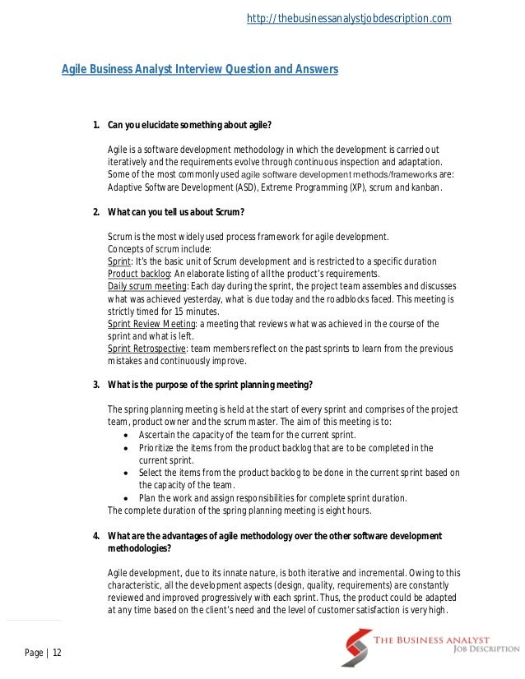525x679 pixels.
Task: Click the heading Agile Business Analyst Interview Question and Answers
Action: [x=200, y=70]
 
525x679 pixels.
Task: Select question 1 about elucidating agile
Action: [x=188, y=125]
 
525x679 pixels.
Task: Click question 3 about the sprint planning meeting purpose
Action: [x=209, y=385]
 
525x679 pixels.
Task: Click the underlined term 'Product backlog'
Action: [x=137, y=274]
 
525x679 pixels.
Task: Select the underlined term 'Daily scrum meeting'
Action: [x=147, y=286]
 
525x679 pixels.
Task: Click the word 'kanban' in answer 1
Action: [x=427, y=187]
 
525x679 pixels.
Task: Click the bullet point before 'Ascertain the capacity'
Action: [x=124, y=435]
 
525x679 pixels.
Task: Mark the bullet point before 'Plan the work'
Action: [x=124, y=498]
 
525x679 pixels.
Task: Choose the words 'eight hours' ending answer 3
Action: [x=350, y=510]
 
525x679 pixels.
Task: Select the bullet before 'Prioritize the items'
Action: [x=124, y=448]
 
